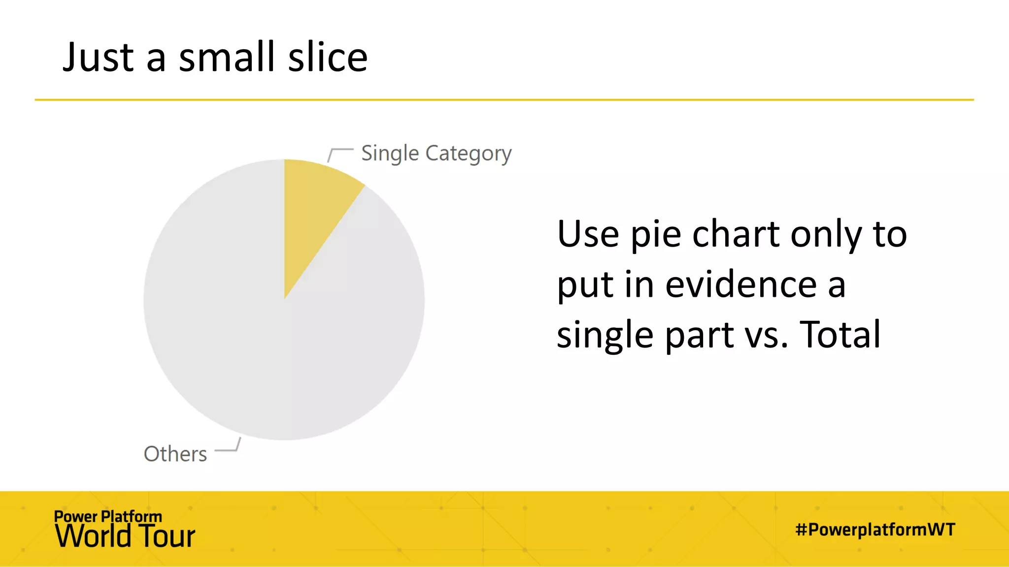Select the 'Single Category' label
coord(436,154)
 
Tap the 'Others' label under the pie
coord(175,454)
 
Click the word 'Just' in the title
coord(98,57)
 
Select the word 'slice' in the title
coord(328,57)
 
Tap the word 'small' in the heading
coord(227,57)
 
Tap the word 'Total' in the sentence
coord(840,335)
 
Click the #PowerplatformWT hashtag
coord(875,530)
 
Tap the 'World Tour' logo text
coord(125,536)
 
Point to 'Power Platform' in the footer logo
coord(108,516)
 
